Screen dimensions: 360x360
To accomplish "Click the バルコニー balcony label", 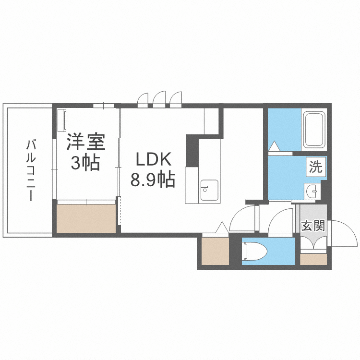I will tap(30, 170).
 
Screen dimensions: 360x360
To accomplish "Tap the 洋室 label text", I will tap(85, 142).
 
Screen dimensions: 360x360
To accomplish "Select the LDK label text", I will tap(152, 159).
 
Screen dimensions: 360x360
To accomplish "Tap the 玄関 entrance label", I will tap(313, 226).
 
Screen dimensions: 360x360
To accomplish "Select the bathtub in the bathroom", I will tap(314, 130).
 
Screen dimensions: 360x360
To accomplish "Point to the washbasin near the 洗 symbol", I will tap(312, 192).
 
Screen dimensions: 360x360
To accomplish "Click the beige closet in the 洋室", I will tap(86, 218).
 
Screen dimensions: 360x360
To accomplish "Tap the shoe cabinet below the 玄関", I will tap(313, 259).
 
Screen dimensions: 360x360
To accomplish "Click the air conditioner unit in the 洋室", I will tap(61, 120).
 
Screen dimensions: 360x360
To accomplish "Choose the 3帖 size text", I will tap(85, 163).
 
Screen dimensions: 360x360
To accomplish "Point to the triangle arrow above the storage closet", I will tap(222, 227).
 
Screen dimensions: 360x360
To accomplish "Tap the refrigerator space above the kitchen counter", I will tap(211, 121).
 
